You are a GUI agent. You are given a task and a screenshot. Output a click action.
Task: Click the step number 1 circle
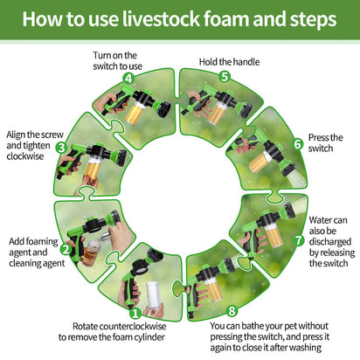135,314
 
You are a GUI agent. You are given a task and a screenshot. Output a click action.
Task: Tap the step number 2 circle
66,250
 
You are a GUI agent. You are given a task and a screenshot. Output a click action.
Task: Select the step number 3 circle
61,148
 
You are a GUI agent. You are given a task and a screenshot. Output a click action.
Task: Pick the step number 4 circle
128,78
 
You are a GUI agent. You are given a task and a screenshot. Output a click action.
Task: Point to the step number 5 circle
225,77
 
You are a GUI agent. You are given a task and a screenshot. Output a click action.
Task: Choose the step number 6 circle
298,143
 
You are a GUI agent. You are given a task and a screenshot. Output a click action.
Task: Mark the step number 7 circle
299,240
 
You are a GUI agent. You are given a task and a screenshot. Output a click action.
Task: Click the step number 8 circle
232,311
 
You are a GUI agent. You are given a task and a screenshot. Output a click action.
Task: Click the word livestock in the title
161,19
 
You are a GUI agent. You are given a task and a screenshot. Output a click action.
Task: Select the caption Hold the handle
229,62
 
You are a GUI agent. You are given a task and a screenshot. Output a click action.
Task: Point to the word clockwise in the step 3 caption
25,156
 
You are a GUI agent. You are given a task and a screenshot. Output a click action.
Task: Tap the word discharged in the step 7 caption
330,242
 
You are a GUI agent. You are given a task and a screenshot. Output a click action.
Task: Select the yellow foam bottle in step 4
135,112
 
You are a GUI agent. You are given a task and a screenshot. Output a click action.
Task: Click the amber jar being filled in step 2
91,253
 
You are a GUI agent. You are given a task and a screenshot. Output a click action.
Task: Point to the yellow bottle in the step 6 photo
260,162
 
